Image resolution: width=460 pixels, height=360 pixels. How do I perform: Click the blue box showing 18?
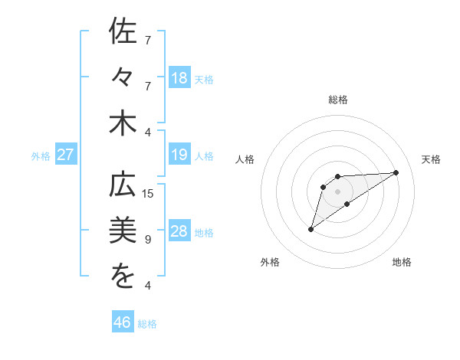point(179,78)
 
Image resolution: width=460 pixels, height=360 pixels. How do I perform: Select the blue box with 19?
point(179,155)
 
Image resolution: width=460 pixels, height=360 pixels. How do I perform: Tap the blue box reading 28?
point(179,232)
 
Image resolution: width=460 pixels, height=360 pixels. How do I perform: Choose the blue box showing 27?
point(66,155)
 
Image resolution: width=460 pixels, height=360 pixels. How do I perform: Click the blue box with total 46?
point(123,322)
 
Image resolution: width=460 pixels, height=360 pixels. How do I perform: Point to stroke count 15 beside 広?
point(148,194)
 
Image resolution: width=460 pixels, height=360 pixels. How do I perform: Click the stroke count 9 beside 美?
point(148,240)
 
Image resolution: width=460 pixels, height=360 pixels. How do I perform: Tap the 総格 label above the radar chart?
point(338,100)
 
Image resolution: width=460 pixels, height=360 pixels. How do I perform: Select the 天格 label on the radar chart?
point(431,159)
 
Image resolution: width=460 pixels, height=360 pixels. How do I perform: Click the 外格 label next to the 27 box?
point(41,156)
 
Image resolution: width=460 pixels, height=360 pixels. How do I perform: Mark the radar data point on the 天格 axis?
point(396,172)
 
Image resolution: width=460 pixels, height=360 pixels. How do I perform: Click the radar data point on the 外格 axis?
point(310,229)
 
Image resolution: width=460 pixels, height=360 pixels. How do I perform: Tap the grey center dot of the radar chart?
point(338,191)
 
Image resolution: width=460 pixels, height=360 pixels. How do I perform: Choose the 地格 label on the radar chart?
point(402,262)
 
